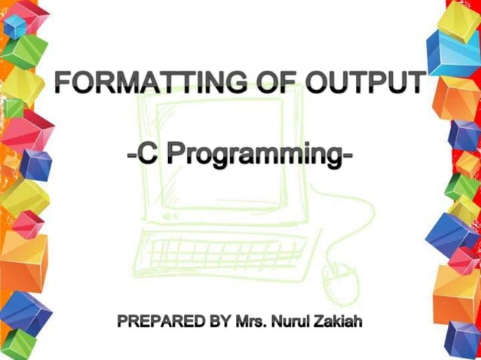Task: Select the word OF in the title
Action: point(268,81)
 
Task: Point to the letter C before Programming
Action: point(147,155)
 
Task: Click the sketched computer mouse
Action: point(335,282)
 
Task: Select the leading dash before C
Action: point(131,157)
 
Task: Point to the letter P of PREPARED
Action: point(123,323)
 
